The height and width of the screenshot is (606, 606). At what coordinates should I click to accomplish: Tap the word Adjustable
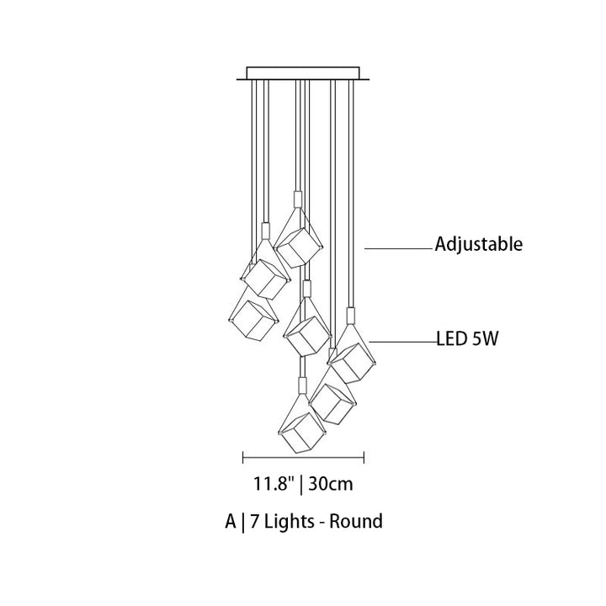[479, 245]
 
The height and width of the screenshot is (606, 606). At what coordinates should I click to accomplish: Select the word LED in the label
[452, 340]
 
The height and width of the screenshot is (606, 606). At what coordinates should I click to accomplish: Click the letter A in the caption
[230, 522]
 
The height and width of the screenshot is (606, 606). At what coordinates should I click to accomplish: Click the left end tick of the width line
[243, 457]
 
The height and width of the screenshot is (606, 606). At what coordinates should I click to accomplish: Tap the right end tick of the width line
[364, 457]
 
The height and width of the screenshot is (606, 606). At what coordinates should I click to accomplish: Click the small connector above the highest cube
[296, 199]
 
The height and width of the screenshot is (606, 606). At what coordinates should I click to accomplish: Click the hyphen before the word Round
[325, 524]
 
